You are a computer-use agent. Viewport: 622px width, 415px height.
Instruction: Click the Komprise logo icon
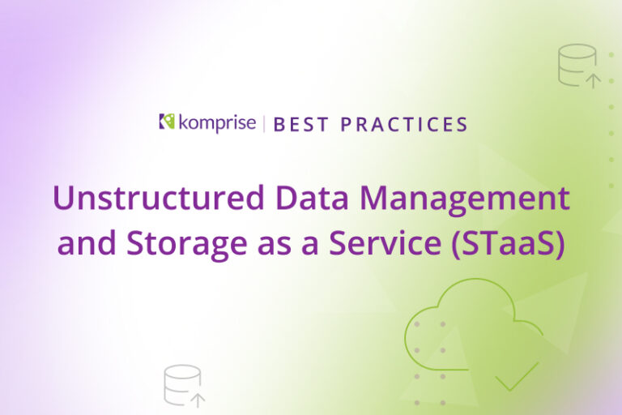point(168,122)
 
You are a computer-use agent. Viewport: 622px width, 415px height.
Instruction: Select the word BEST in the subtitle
point(300,125)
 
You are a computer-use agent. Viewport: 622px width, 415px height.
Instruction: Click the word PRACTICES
point(404,125)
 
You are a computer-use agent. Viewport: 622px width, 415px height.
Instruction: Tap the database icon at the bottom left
point(181,384)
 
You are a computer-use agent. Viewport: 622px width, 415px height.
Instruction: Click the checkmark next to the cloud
point(518,375)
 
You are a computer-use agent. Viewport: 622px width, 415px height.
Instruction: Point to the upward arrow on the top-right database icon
point(593,79)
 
